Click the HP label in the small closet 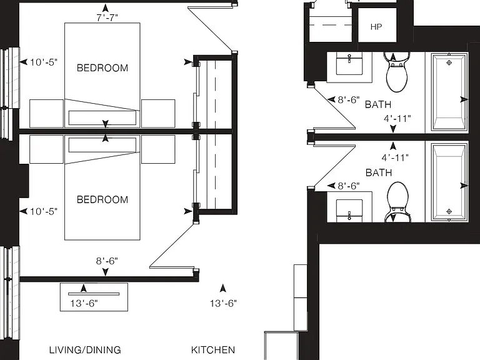(376, 27)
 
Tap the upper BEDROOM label (102, 68)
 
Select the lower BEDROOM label (102, 200)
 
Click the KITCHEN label (213, 350)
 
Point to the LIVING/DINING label (85, 350)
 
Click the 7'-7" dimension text (107, 18)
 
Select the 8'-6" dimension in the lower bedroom (107, 261)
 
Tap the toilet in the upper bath (397, 71)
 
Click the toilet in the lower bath (397, 202)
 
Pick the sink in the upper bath (349, 63)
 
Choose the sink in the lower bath (349, 211)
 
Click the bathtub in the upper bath (449, 92)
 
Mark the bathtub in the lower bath (449, 181)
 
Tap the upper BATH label (378, 105)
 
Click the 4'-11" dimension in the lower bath (395, 157)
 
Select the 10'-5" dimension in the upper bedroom (44, 62)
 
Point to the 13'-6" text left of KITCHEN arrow (84, 303)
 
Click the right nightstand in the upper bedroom (158, 114)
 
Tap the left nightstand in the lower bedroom (46, 149)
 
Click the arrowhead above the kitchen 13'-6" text (223, 288)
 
